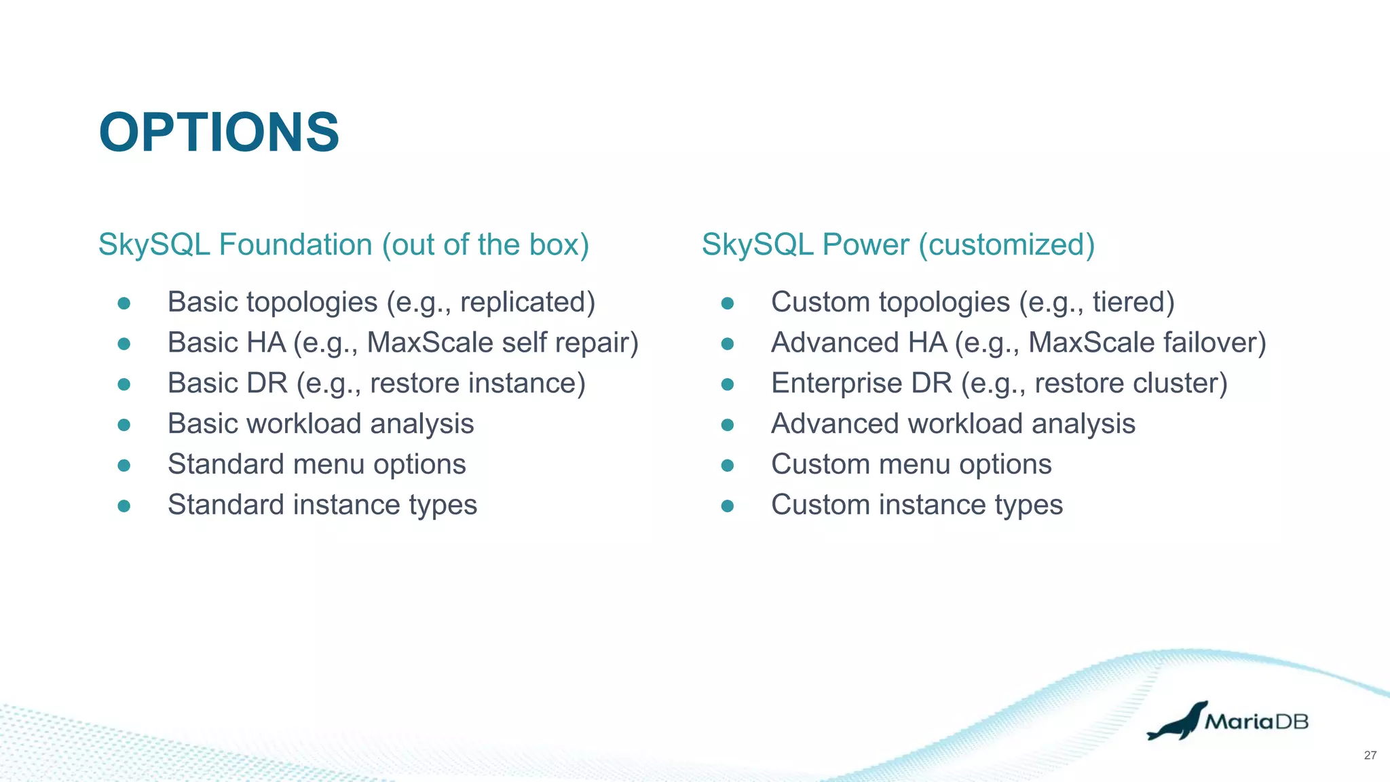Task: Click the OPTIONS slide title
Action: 219,132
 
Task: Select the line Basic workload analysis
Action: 320,424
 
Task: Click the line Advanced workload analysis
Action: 953,424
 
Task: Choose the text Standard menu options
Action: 316,465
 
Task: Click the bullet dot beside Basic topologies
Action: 124,303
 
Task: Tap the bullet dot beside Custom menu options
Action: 727,466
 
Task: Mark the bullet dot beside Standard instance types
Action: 124,506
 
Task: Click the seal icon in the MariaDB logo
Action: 1178,722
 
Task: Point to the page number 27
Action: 1370,756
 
